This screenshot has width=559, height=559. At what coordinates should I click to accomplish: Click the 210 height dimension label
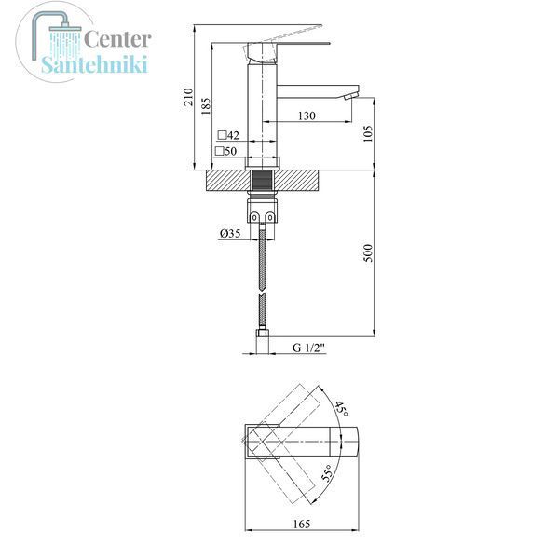(x=188, y=97)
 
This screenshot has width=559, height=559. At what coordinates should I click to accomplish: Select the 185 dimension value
(x=206, y=106)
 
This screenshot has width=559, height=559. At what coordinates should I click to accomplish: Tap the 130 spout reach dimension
(x=307, y=116)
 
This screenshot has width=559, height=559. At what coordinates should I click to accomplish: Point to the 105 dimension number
(x=368, y=133)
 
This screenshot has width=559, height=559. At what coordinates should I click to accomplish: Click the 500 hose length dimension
(x=368, y=253)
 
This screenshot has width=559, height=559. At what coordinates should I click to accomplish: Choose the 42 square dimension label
(x=228, y=135)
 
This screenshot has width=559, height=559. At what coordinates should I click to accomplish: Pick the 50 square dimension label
(x=226, y=151)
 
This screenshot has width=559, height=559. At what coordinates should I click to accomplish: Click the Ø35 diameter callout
(x=230, y=233)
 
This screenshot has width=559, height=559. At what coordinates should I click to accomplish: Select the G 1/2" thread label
(x=308, y=348)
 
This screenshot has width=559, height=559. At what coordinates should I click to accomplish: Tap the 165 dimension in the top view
(x=302, y=524)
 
